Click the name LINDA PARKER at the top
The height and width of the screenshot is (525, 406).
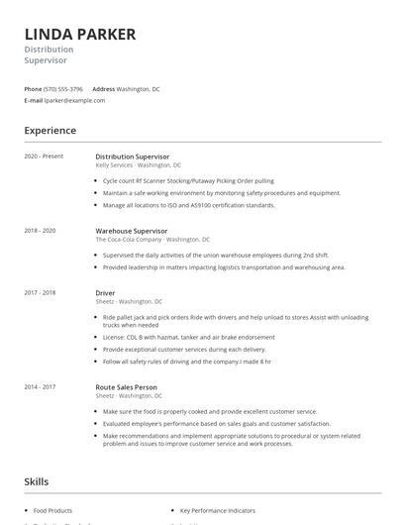point(80,34)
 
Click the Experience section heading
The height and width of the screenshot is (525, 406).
point(50,131)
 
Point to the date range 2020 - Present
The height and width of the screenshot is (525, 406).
point(44,157)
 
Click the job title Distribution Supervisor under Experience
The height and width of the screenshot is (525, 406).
point(132,157)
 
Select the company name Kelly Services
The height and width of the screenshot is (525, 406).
point(114,165)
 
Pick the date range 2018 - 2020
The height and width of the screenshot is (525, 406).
point(41,231)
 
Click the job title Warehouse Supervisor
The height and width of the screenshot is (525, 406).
point(131,231)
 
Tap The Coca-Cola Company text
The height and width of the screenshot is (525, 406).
point(128,240)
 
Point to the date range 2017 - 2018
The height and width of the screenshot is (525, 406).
point(41,293)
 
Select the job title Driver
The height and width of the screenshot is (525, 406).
point(105,293)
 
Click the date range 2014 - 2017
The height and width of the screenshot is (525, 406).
point(41,387)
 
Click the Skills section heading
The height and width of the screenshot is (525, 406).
point(36,481)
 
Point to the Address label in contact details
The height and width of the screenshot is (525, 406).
point(104,89)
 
